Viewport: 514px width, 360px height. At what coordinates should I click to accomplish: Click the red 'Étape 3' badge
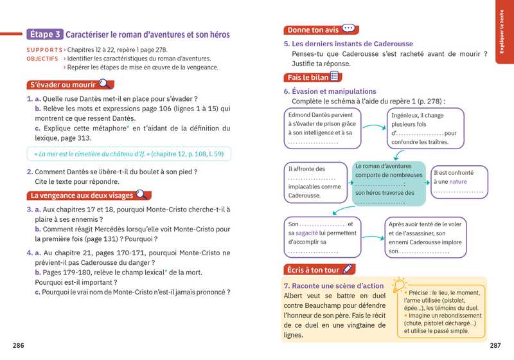[44, 34]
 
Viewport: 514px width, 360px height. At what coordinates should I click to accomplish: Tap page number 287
[495, 346]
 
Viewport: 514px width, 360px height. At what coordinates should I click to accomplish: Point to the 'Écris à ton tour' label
[312, 269]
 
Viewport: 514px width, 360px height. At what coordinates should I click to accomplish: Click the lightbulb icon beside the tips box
[400, 283]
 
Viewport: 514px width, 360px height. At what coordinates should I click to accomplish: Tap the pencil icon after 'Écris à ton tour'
[348, 269]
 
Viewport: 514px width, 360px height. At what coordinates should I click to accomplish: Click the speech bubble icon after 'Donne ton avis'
[348, 29]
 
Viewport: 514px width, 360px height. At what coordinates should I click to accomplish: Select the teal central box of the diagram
[389, 184]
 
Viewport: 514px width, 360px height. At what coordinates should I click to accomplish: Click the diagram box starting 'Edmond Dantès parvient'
[321, 128]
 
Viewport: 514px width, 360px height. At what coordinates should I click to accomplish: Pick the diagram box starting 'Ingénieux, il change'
[425, 128]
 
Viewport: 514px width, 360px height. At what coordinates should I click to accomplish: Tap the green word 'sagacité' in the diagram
[309, 233]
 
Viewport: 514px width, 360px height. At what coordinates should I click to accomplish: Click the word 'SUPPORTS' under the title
[44, 50]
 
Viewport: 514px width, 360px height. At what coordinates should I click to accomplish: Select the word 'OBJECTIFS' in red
[43, 59]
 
